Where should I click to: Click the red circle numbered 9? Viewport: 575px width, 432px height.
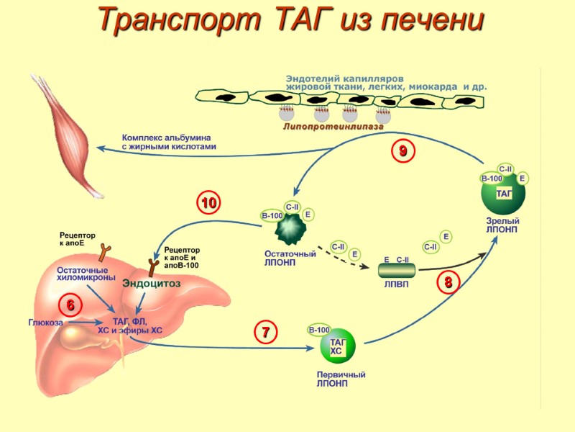(403, 150)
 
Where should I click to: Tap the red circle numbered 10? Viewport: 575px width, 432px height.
(209, 204)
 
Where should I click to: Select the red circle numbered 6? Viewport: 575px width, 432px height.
(71, 305)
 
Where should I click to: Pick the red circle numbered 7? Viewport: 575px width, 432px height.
(265, 333)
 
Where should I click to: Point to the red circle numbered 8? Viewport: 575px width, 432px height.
(448, 282)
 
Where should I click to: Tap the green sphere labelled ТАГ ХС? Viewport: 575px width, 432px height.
(338, 347)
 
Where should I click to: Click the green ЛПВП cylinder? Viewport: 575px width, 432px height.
(397, 271)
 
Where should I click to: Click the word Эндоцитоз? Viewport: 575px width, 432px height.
(151, 284)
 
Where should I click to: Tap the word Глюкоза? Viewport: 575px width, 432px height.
(45, 323)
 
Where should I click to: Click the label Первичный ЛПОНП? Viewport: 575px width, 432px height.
(341, 379)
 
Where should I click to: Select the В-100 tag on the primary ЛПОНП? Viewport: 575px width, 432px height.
(318, 330)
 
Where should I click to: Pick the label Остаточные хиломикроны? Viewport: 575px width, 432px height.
(86, 274)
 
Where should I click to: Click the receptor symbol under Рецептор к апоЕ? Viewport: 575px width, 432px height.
(105, 251)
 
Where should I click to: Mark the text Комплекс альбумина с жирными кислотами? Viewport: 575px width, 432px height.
(169, 141)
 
